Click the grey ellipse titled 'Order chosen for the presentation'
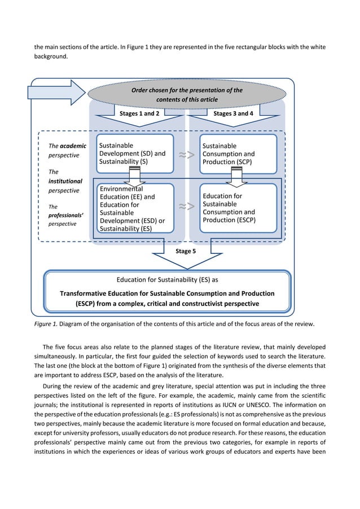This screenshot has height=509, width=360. (187, 94)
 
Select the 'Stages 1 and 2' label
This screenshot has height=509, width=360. (139, 113)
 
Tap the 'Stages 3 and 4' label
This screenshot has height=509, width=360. (234, 113)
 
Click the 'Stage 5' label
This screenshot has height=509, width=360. (186, 251)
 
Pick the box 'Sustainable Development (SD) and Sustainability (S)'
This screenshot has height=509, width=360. (138, 153)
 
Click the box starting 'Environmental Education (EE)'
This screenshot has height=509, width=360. (138, 208)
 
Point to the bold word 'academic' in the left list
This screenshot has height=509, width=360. (74, 146)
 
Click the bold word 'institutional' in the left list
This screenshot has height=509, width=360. (65, 182)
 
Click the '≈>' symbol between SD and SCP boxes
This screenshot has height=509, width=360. (186, 155)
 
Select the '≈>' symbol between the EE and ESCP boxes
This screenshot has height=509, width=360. (186, 207)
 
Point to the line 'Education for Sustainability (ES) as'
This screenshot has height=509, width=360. (167, 279)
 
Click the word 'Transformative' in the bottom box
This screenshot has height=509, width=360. (85, 293)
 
